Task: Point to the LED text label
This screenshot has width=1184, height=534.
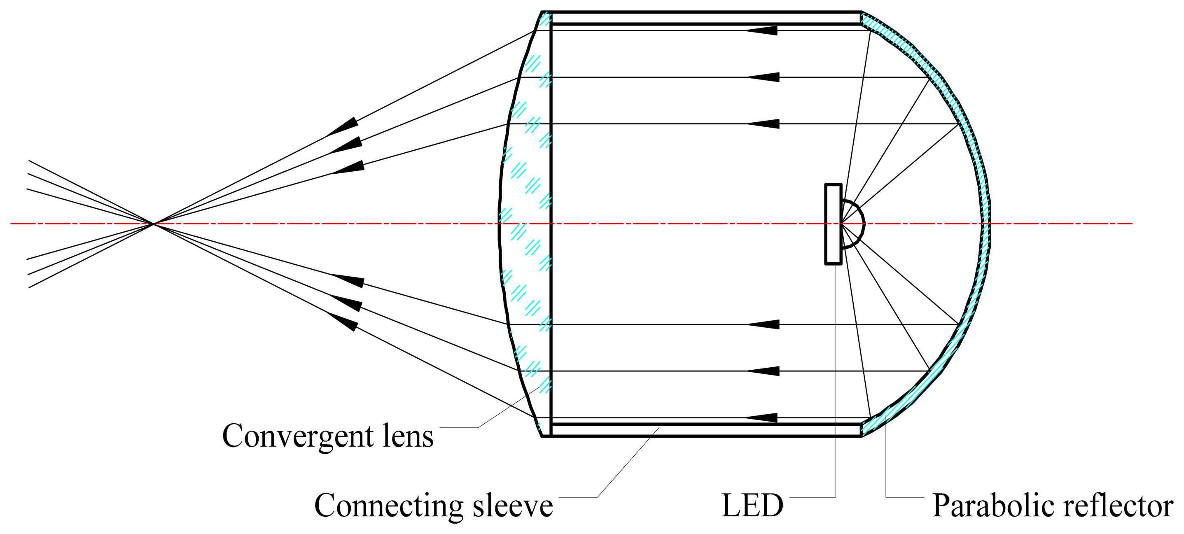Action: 752,506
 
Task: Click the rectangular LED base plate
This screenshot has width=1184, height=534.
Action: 833,224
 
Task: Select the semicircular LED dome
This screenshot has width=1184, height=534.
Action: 853,224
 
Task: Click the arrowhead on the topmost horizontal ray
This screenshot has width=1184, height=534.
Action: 763,30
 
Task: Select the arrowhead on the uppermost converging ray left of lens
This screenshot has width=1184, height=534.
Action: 344,126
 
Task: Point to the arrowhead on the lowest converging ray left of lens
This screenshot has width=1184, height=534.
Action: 344,321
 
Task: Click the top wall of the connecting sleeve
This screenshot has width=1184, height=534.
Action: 703,17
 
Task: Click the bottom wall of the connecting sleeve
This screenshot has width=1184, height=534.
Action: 703,430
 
